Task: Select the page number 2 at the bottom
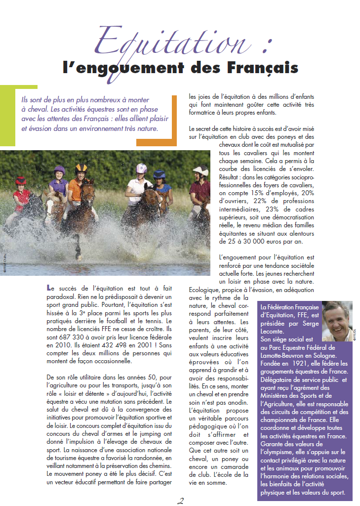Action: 180,501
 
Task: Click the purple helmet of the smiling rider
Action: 59,170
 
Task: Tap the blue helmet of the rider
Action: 159,174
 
